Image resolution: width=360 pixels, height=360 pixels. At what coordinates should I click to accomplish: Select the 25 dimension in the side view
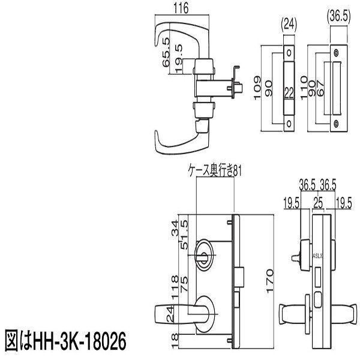[317, 203]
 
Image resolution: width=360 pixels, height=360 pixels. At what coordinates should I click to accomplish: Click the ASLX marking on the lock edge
[317, 254]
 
